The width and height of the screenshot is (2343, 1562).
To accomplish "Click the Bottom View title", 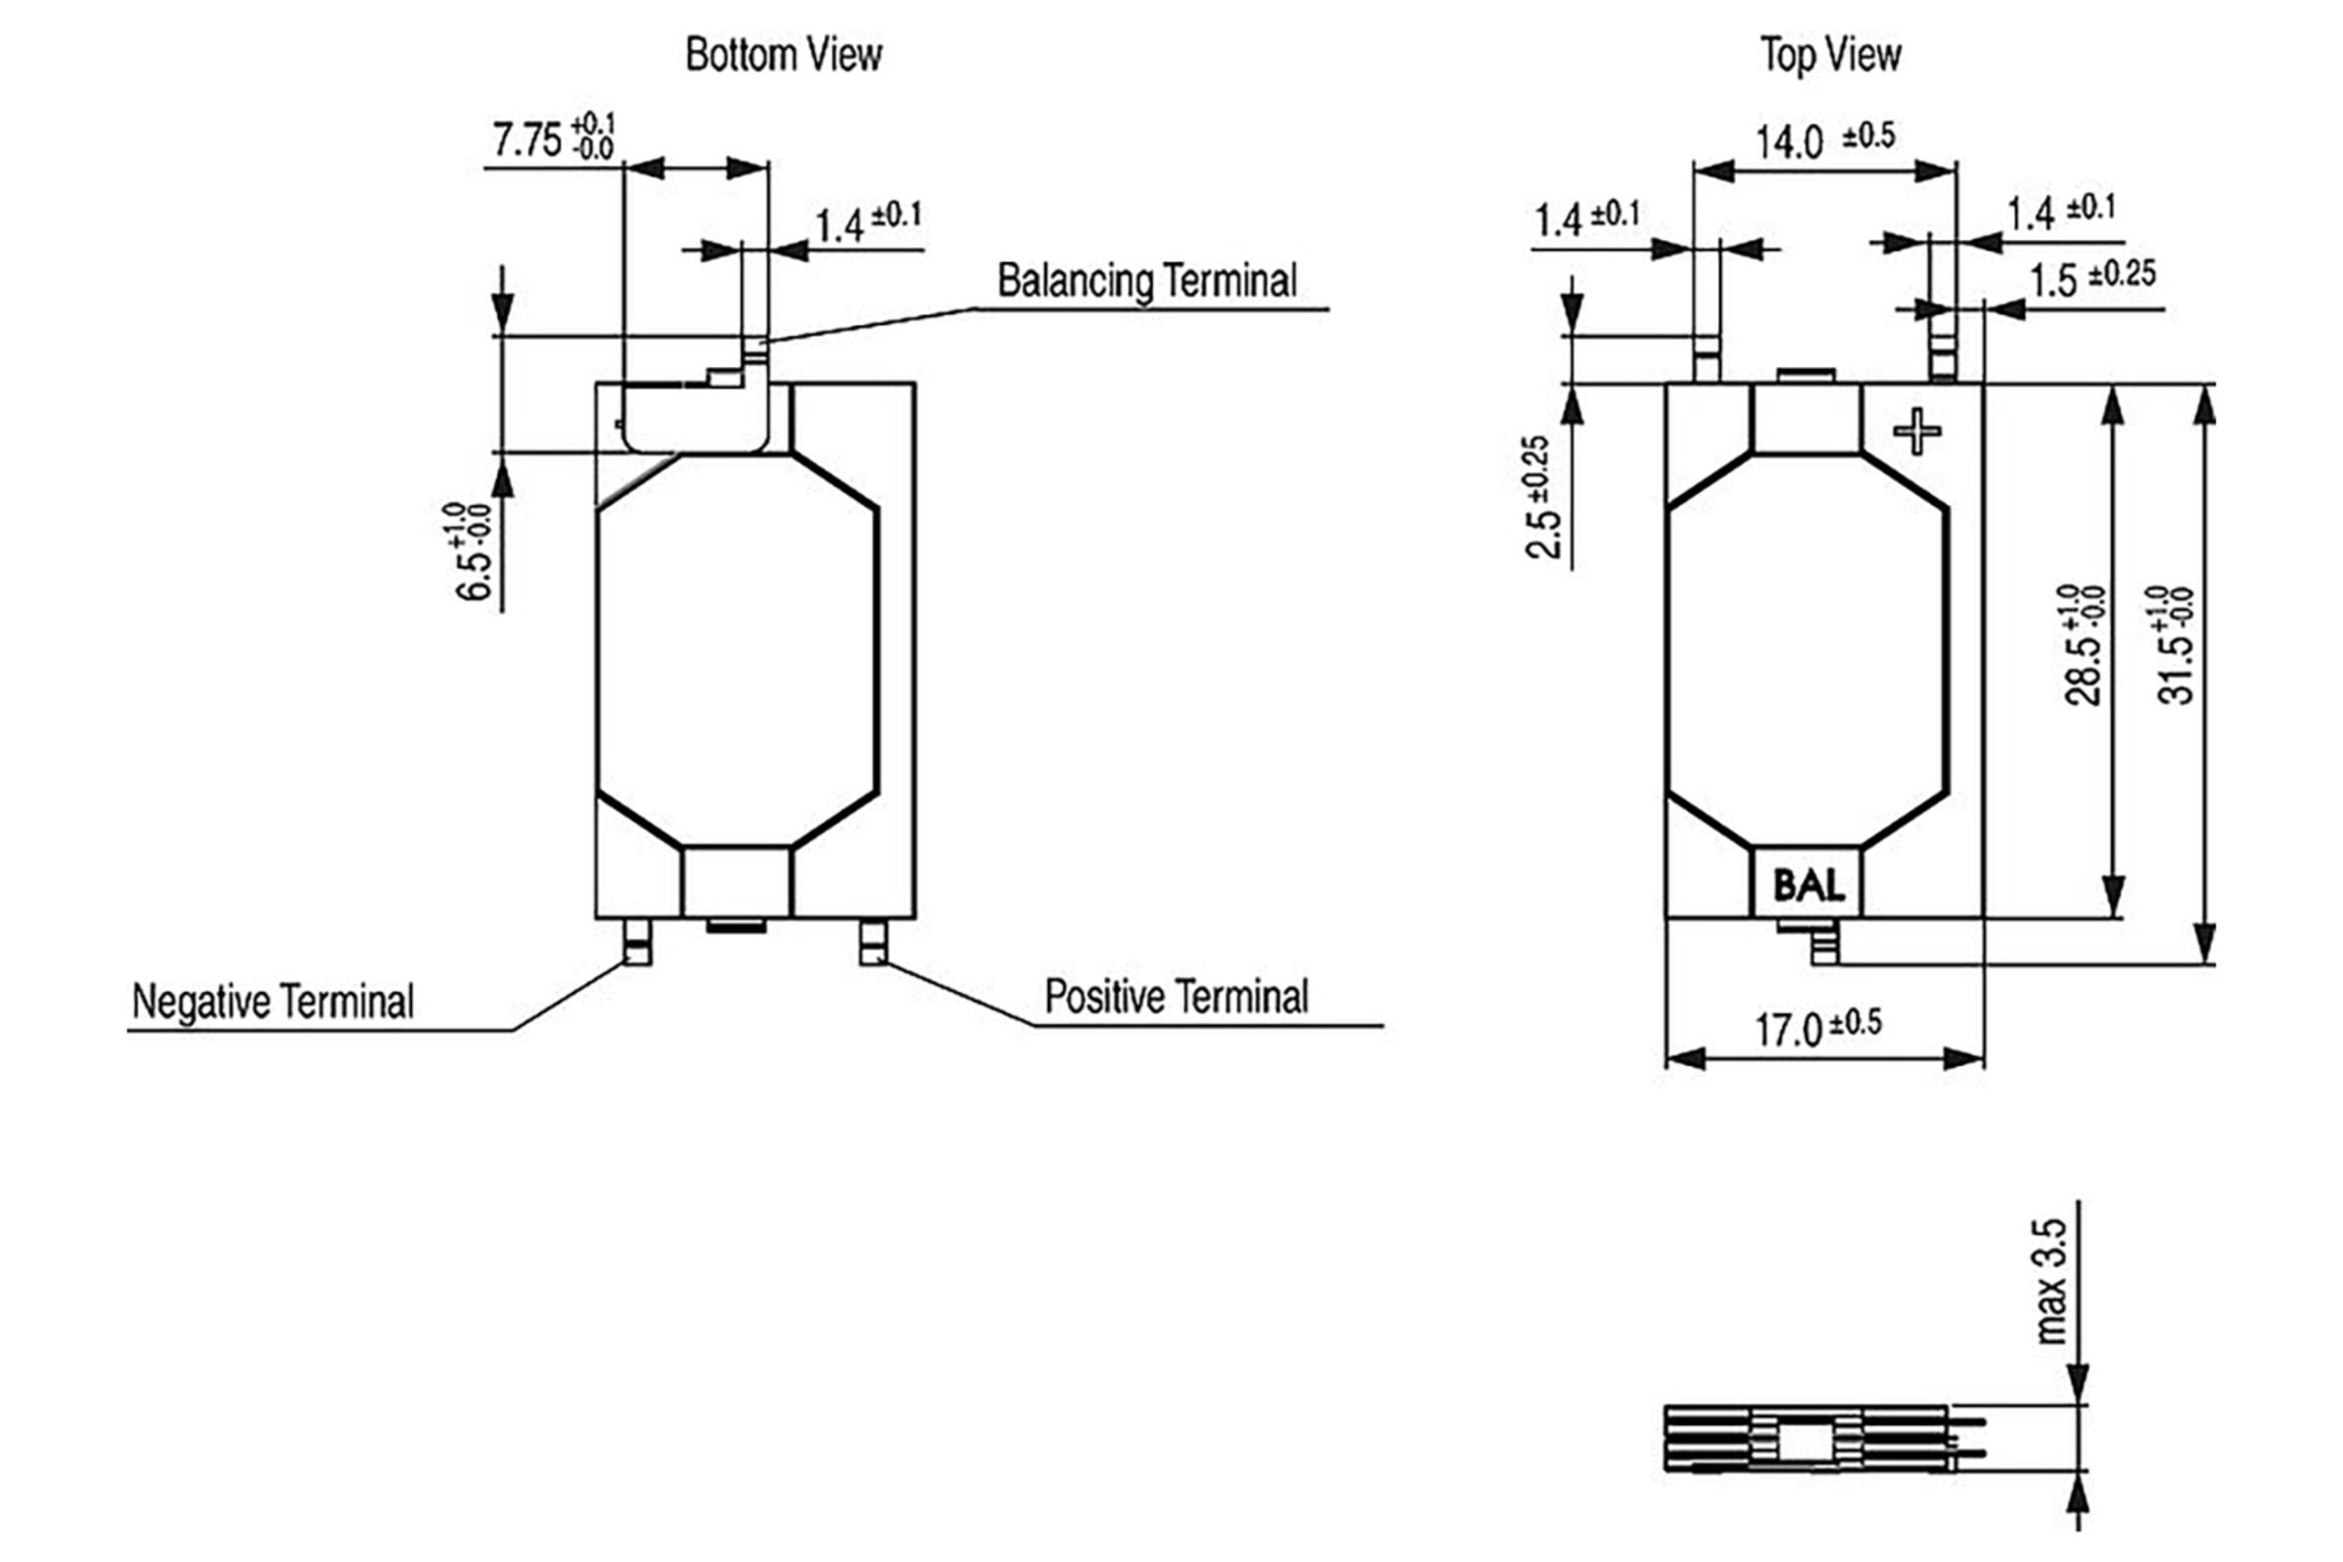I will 783,55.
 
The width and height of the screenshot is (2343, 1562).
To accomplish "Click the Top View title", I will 1829,55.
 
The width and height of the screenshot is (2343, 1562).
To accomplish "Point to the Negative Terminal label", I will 273,1002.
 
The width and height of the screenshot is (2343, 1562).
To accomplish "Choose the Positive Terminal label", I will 1175,997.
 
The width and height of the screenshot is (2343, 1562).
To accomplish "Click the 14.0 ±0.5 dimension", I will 1824,141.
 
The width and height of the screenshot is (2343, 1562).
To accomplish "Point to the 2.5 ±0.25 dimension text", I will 1540,498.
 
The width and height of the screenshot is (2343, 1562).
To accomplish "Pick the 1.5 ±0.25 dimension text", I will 2092,279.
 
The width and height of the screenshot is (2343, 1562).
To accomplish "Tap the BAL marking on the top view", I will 1807,884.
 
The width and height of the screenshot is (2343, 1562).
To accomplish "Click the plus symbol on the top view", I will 1916,432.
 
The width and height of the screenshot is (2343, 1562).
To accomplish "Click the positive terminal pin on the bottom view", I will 873,942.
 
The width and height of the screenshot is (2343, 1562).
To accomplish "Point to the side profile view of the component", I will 1808,1437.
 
